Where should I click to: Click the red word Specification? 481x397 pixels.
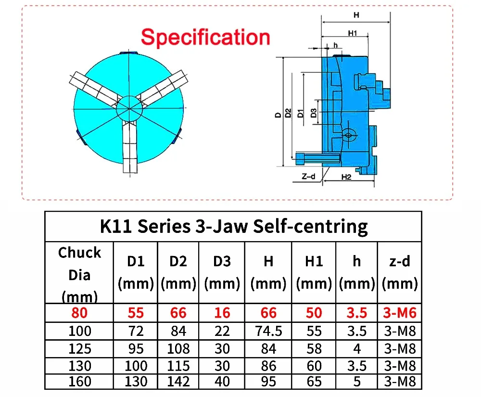[205, 37]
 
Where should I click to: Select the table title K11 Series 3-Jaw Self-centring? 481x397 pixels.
[234, 226]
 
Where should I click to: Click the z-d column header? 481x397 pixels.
[399, 272]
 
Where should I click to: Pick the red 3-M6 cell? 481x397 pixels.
[399, 313]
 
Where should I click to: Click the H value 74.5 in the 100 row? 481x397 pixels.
[268, 331]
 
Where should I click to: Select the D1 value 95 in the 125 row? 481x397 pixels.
[136, 348]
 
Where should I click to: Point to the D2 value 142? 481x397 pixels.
[178, 382]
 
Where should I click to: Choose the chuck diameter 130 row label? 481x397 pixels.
[79, 365]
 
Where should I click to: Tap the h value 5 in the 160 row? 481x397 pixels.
[356, 382]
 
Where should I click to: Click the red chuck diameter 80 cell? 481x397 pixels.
[79, 313]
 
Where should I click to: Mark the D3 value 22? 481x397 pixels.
[222, 331]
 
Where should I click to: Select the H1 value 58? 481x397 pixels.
[314, 348]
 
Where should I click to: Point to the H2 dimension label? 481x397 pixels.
[347, 177]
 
